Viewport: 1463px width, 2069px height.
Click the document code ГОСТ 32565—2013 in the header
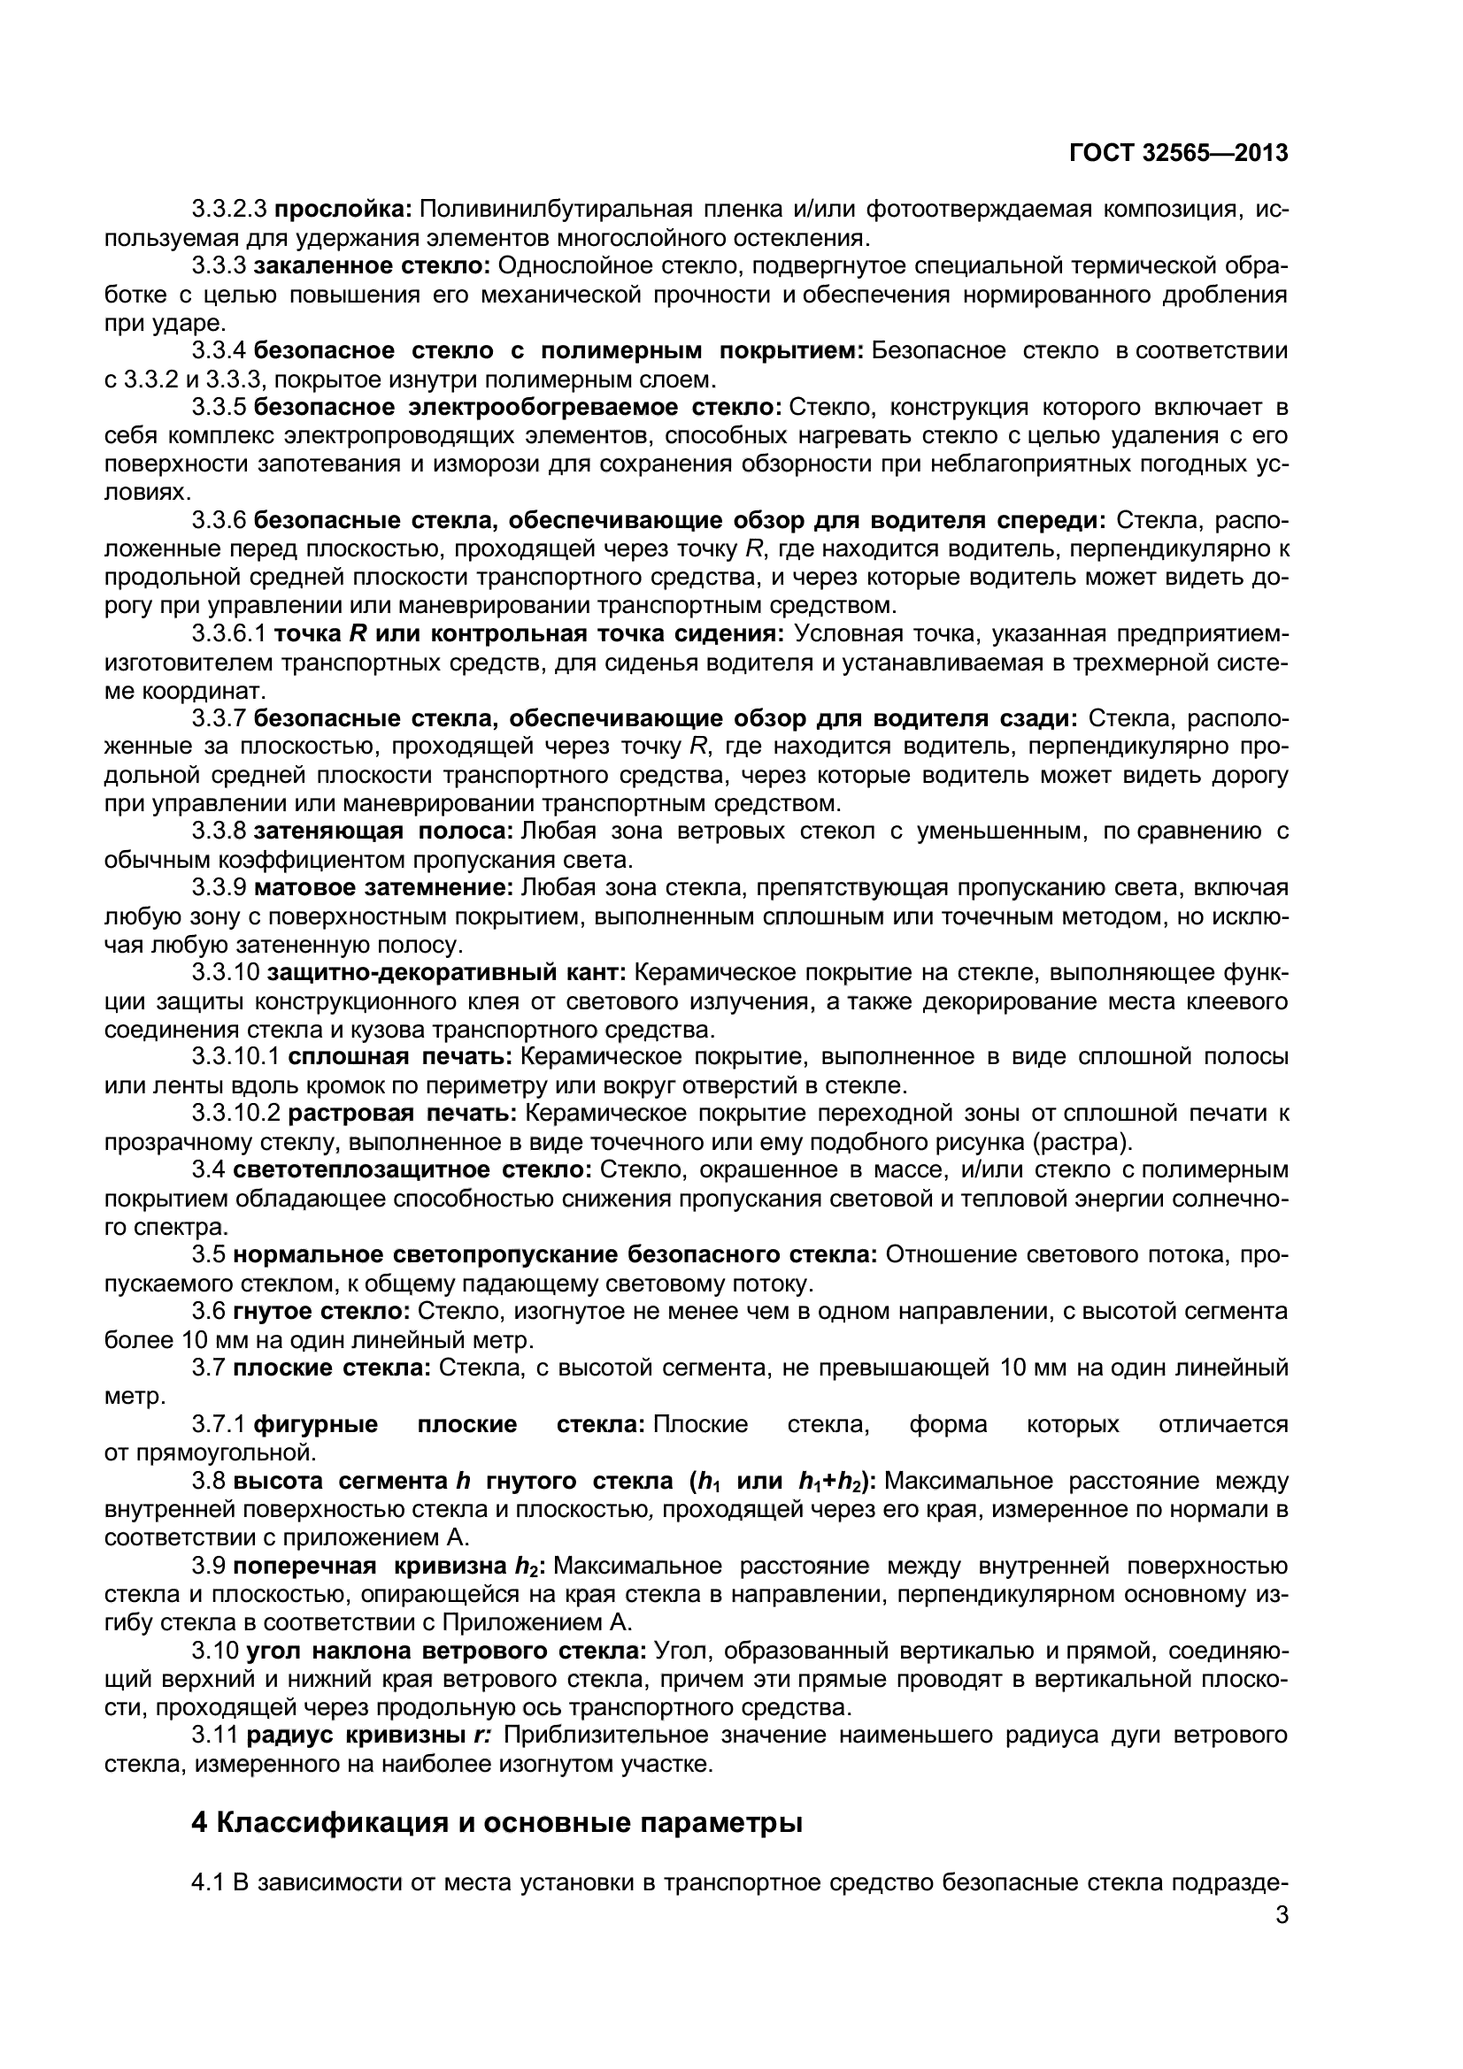[1178, 153]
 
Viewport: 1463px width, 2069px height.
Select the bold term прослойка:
[343, 210]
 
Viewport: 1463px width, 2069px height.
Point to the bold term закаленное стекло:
[372, 266]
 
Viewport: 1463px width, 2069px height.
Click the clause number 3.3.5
[219, 407]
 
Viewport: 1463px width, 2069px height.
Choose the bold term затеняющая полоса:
[384, 831]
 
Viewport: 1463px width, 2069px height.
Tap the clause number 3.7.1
[219, 1425]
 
